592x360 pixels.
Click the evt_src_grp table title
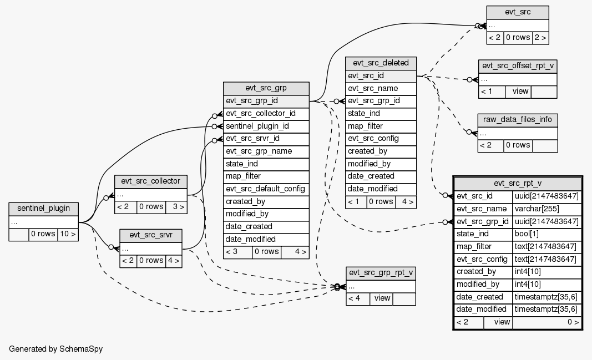click(x=266, y=88)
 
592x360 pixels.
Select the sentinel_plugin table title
click(x=43, y=209)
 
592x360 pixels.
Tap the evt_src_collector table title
click(x=150, y=181)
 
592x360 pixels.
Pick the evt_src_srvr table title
click(x=150, y=235)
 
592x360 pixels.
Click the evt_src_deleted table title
click(x=381, y=63)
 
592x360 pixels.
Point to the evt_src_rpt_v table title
click(x=518, y=184)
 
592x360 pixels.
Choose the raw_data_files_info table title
click(x=518, y=120)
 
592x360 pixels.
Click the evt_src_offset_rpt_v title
click(x=518, y=66)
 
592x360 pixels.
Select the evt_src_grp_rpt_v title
click(x=381, y=273)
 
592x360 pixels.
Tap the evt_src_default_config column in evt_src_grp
click(x=266, y=189)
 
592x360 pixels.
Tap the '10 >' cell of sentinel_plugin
click(x=67, y=234)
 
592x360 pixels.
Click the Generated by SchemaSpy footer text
click(x=56, y=349)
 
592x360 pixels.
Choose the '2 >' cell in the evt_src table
click(x=540, y=38)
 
